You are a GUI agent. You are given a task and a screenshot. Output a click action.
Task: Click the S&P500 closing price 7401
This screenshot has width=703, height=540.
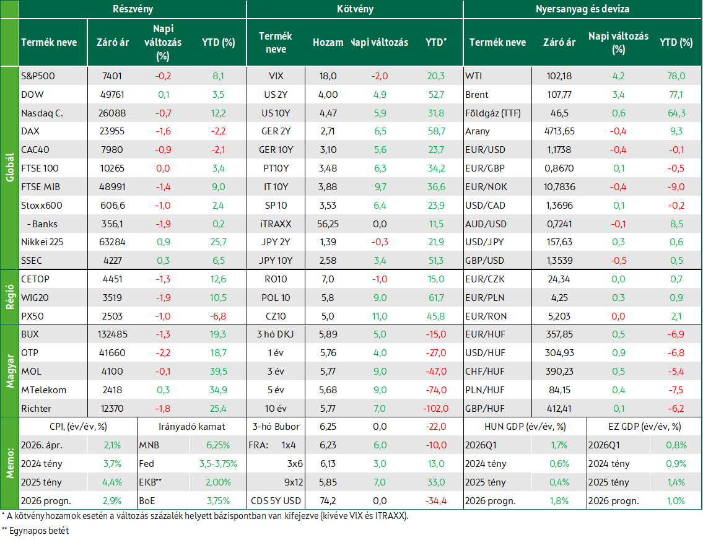(x=112, y=76)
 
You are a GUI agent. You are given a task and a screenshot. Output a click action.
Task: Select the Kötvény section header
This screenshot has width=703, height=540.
(x=355, y=9)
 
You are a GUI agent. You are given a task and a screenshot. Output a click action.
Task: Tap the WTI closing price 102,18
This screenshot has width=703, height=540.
(x=559, y=76)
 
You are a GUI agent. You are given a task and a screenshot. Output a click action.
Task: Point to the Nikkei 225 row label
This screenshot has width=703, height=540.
(x=42, y=242)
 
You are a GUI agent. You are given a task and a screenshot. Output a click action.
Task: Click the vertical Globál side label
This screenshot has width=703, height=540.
(x=10, y=168)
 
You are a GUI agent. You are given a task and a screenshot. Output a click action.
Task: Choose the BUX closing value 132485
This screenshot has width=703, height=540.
(x=112, y=334)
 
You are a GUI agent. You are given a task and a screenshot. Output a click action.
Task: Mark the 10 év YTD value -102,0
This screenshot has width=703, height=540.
(x=435, y=409)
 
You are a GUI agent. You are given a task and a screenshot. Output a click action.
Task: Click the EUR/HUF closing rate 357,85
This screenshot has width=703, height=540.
(x=559, y=334)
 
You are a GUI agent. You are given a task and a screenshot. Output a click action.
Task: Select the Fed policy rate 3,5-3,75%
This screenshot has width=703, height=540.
(x=219, y=464)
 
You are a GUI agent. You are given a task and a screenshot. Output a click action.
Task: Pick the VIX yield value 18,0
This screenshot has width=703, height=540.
(x=328, y=76)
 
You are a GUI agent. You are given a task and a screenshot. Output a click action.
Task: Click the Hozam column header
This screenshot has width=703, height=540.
(x=328, y=43)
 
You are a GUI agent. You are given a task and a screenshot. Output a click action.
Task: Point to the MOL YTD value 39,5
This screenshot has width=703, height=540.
(x=219, y=372)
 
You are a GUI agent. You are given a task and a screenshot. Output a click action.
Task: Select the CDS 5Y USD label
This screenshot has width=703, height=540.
(x=276, y=501)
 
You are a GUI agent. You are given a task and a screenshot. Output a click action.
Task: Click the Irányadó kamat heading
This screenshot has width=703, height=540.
(x=192, y=427)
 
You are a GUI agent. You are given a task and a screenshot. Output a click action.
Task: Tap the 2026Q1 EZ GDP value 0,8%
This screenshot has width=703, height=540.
(x=676, y=445)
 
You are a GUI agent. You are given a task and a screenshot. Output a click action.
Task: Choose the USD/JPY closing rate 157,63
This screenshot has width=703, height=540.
(x=559, y=242)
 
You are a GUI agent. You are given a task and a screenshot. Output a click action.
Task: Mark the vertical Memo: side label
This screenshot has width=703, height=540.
(x=10, y=463)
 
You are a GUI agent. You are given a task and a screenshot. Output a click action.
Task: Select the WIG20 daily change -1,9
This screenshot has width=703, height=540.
(x=163, y=298)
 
